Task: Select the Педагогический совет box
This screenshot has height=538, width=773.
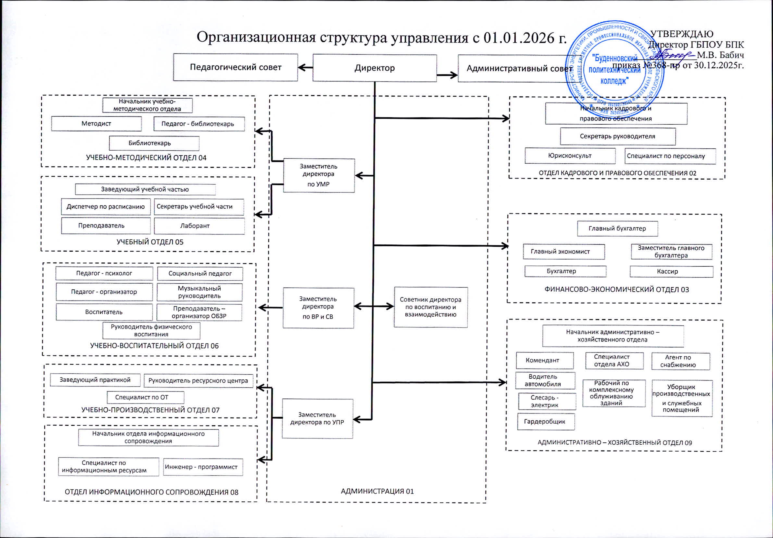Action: coord(235,67)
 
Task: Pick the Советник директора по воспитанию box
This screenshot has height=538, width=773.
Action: coord(431,307)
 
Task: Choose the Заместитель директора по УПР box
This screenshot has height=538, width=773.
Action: coord(317,418)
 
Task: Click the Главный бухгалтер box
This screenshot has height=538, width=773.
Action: coord(617,229)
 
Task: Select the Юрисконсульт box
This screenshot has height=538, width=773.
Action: coord(570,156)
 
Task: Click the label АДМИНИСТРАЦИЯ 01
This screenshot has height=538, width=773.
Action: coord(377,491)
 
